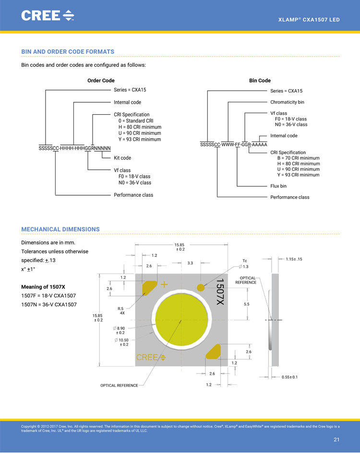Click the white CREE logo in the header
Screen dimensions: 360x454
48,15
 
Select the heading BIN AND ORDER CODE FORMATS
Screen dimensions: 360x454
68,51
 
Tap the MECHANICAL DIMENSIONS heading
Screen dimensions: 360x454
60,229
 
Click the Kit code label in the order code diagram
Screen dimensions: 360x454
122,158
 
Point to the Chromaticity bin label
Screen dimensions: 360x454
287,102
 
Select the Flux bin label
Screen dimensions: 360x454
278,186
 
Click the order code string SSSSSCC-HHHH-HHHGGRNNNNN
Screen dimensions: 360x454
75,148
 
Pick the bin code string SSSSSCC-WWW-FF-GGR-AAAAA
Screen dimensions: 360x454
234,144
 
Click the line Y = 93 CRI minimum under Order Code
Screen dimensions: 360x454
140,139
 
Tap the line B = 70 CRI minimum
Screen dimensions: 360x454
298,158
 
